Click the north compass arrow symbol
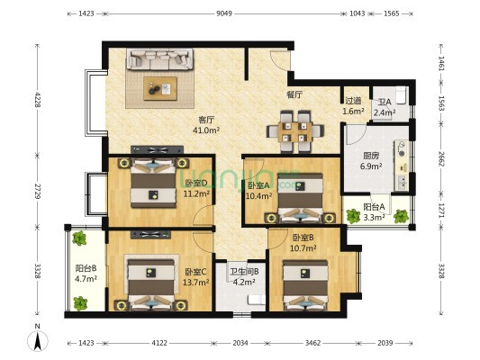38,341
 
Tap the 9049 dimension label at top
224,13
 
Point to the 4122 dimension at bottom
159,343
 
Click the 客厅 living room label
206,120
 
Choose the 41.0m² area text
206,130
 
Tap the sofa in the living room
160,59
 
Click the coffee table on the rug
160,89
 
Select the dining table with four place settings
295,131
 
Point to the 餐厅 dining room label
294,94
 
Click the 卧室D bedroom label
196,184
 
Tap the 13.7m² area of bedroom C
196,283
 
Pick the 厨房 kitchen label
371,156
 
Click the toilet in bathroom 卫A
401,94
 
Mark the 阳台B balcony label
86,268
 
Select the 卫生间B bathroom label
245,271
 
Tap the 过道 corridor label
353,101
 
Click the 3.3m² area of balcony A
374,218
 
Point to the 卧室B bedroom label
303,238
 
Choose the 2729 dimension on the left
38,191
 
